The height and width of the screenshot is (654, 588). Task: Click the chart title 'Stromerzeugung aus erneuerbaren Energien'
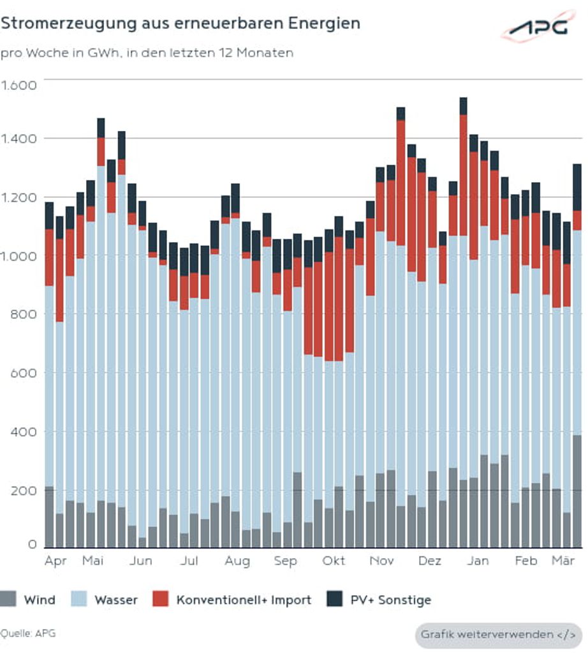tap(180, 24)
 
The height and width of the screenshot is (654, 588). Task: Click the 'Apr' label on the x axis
tap(56, 561)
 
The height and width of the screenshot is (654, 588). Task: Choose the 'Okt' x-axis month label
tap(334, 561)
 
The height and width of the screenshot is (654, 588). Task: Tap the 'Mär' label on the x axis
tap(562, 561)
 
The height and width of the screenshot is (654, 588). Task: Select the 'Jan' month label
tap(478, 561)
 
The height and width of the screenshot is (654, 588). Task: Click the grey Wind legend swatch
tap(8, 600)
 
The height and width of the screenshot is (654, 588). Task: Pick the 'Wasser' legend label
tap(116, 600)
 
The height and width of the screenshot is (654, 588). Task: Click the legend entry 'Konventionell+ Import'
tap(244, 600)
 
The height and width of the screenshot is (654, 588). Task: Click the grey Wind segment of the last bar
tap(577, 492)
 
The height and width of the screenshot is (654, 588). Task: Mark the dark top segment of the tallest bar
tap(464, 106)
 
